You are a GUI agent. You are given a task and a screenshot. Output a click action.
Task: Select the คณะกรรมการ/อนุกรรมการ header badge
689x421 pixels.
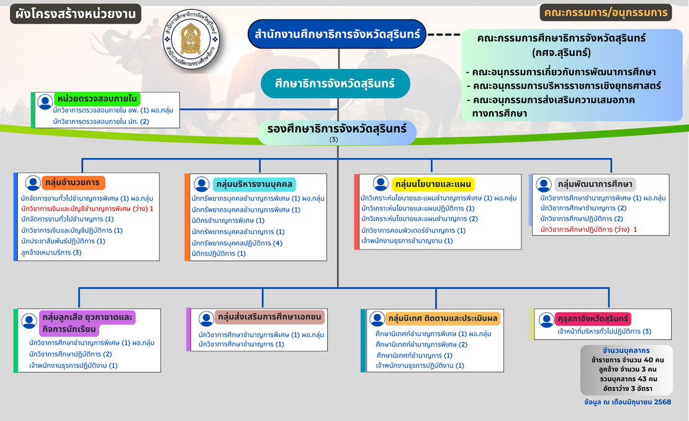pos(605,12)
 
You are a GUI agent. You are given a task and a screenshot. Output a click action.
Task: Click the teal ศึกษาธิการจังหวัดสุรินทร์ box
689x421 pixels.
pos(335,83)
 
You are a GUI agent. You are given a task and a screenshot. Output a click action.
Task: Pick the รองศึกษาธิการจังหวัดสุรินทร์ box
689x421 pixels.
pos(336,132)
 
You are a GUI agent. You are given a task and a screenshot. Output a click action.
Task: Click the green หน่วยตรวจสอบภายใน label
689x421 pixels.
pos(96,99)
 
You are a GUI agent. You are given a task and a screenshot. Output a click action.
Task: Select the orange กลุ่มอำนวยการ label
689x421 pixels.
pos(74,183)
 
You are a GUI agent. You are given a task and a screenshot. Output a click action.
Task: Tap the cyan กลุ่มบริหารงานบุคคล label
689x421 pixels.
pos(254,184)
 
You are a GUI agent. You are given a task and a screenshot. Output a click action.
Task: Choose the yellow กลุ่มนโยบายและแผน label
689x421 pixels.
pos(433,184)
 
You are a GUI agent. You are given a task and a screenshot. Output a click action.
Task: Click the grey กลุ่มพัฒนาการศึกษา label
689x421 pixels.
pos(595,184)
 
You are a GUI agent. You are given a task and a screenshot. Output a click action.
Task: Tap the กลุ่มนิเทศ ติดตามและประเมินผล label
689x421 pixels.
pos(443,319)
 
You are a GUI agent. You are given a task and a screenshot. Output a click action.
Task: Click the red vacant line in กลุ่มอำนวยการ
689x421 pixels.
pos(87,209)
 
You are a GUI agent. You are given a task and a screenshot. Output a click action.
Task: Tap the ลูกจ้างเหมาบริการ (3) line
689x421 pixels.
pos(51,252)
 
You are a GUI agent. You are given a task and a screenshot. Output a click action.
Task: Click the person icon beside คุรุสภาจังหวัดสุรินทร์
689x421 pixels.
pos(546,320)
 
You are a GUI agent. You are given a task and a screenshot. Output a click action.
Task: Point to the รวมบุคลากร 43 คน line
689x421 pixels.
pos(629,379)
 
